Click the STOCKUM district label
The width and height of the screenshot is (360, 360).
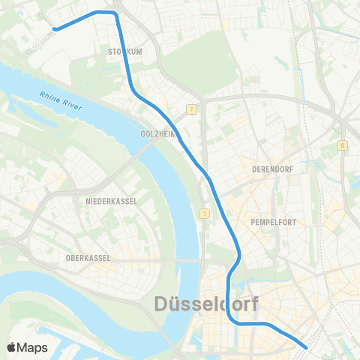point(125,52)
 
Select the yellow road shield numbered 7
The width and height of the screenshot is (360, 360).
point(192,110)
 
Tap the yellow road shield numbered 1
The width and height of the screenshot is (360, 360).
point(204,214)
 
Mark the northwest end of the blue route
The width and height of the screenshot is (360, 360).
point(55,29)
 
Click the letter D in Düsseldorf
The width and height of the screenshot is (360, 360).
point(163,304)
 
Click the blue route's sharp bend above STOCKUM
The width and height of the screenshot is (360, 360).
point(115,13)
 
